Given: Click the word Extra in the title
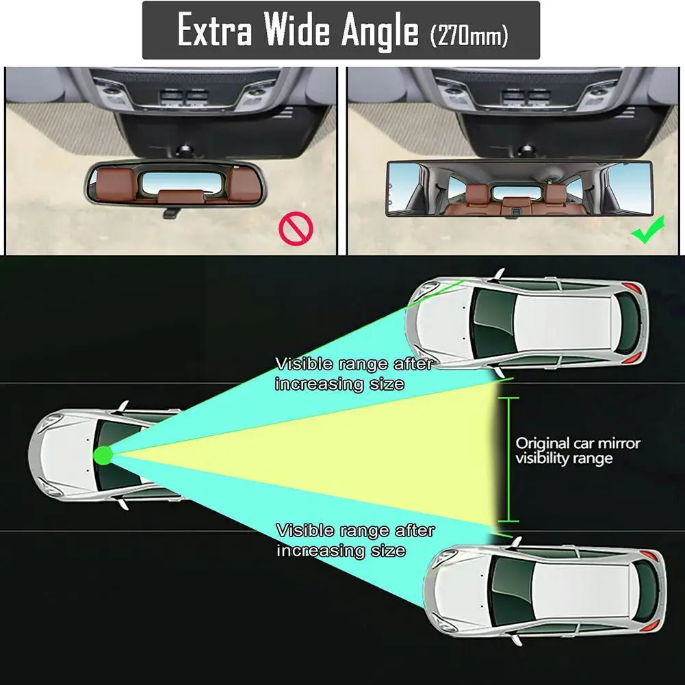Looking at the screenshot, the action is point(215,29).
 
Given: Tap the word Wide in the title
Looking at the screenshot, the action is point(297,29).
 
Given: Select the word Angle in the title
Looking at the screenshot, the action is point(380,31).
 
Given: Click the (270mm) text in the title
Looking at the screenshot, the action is point(469,35).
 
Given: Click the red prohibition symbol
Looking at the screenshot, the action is point(296,229).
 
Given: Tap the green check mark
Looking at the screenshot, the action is point(648,229).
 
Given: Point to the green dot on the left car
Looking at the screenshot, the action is point(103,456).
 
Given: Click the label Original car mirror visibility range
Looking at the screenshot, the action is point(578,451).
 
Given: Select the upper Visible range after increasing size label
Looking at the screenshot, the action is point(354,374).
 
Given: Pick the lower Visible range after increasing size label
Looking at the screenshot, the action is point(356,541).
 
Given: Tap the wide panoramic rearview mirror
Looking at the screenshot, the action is point(519,189).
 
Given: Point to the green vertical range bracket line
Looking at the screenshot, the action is point(508,460).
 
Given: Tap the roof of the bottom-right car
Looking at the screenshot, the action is point(582,591).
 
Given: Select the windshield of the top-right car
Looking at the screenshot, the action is point(493,324).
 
